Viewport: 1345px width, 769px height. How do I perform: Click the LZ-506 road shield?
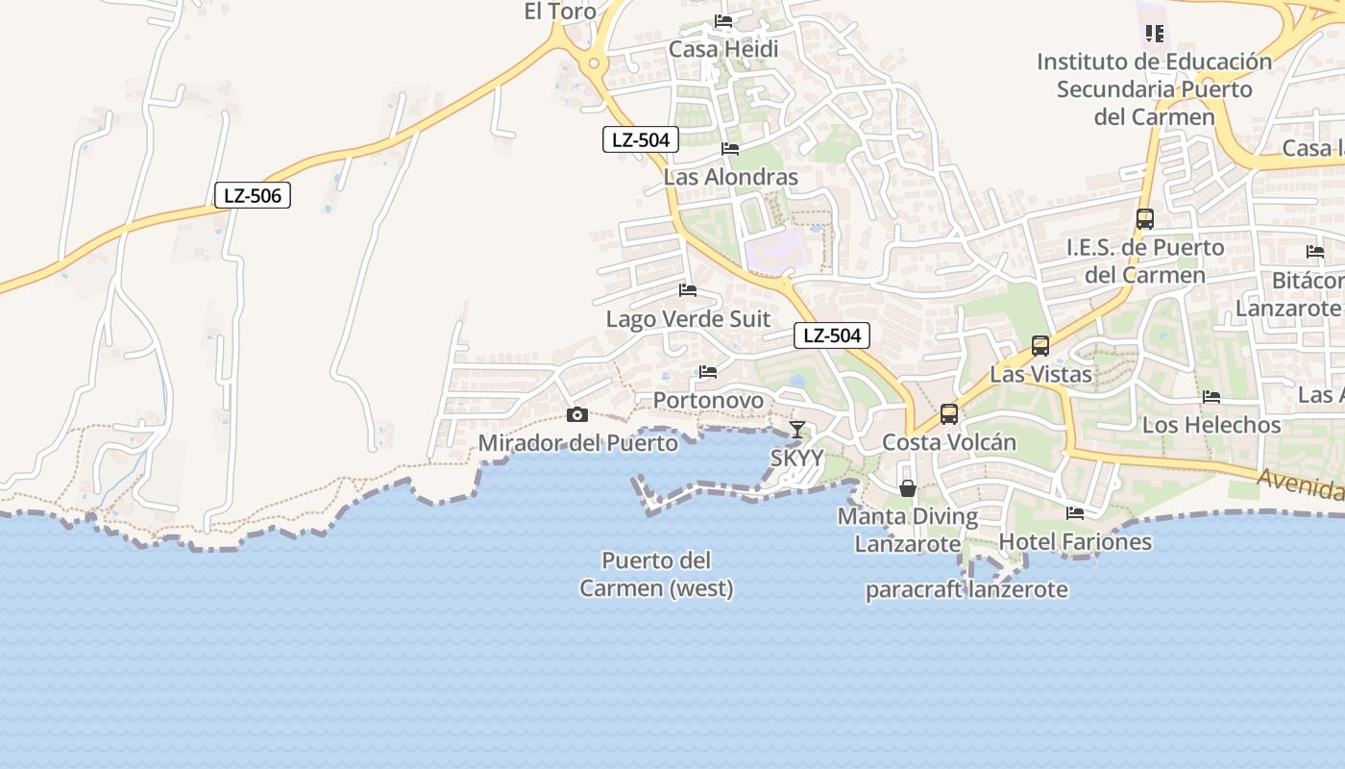click(252, 196)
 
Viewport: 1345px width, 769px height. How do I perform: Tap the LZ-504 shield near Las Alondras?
click(641, 139)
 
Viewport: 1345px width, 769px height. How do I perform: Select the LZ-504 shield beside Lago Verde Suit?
click(832, 335)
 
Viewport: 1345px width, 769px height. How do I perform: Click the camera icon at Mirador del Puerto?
click(577, 415)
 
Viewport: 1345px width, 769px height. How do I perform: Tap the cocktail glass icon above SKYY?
click(796, 430)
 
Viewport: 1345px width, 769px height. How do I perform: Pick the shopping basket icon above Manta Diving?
click(907, 488)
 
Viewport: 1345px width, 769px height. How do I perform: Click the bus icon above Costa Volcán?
click(949, 414)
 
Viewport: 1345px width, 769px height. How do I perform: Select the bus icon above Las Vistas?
click(1039, 346)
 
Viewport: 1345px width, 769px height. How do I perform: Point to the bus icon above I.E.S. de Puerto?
click(1144, 219)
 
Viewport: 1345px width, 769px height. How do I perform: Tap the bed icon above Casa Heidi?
click(723, 21)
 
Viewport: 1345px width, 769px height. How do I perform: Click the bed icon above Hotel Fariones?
click(1075, 513)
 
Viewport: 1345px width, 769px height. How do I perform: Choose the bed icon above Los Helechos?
click(1211, 396)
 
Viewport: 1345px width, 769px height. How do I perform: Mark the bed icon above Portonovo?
click(708, 371)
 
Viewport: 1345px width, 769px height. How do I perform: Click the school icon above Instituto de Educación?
click(1155, 34)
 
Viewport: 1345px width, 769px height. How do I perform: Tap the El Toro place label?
click(560, 12)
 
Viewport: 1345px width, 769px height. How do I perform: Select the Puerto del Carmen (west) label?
click(656, 574)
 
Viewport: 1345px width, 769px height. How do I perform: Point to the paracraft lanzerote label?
click(966, 589)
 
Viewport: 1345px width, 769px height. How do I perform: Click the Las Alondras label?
click(731, 178)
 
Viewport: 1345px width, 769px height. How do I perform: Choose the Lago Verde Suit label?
click(688, 319)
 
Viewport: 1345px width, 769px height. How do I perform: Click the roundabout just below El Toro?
click(594, 64)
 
